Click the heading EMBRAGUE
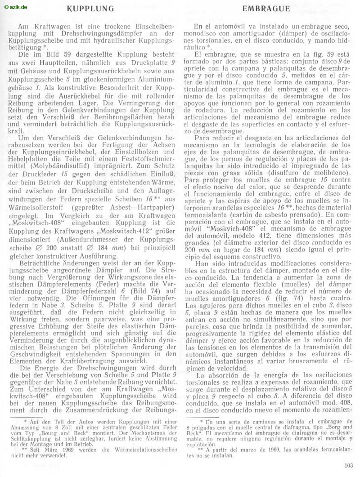pos(266,8)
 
